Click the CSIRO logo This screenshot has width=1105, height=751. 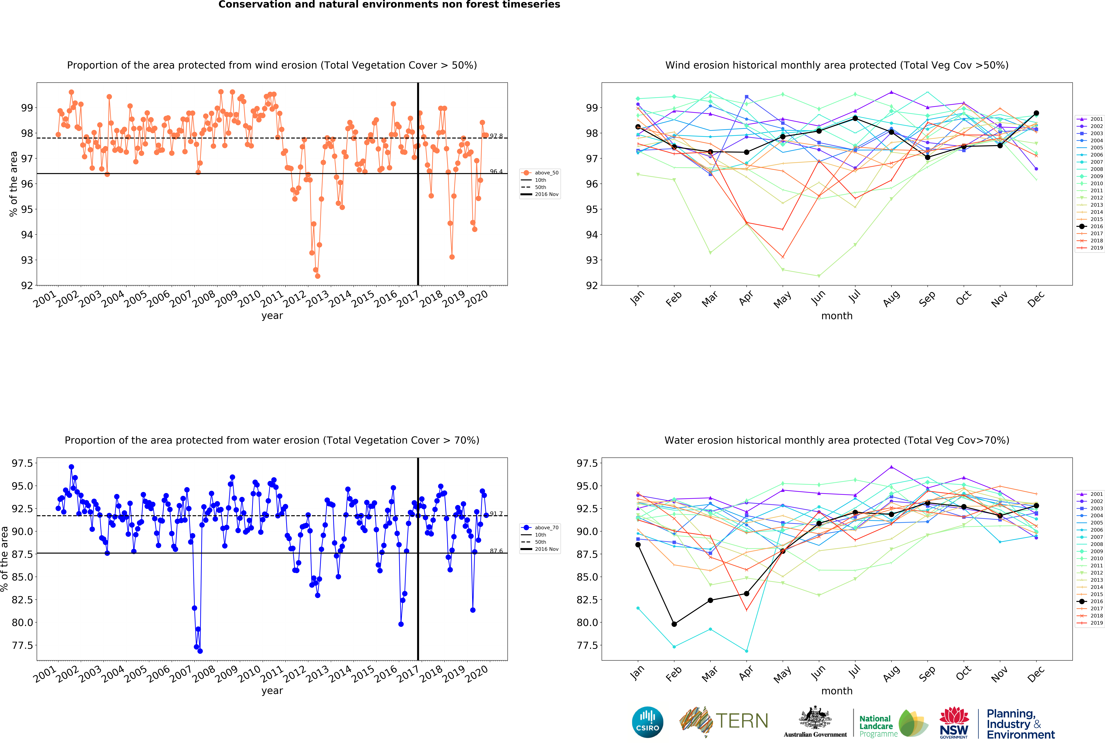tap(648, 722)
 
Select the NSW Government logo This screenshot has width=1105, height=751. tap(954, 722)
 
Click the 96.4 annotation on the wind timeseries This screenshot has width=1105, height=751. tap(496, 171)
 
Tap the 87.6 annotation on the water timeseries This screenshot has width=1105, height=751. tap(496, 551)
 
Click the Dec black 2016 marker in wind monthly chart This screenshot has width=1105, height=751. tap(1036, 113)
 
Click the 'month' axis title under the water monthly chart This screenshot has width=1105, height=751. tap(837, 691)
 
